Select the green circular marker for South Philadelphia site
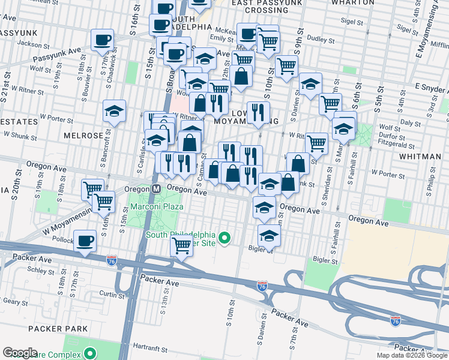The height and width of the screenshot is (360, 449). click(224, 238)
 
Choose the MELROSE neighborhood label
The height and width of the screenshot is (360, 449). click(83, 136)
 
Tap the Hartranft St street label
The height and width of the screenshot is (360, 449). click(149, 347)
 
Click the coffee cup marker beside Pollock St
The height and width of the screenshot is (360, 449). click(85, 241)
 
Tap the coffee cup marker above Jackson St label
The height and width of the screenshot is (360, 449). click(102, 40)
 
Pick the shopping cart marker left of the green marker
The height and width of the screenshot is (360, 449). click(181, 245)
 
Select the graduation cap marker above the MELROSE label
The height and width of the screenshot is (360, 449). click(114, 111)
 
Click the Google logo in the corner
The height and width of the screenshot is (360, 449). click(20, 353)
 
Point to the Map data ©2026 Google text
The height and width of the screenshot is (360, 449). click(412, 355)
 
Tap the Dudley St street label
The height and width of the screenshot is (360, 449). click(320, 40)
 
